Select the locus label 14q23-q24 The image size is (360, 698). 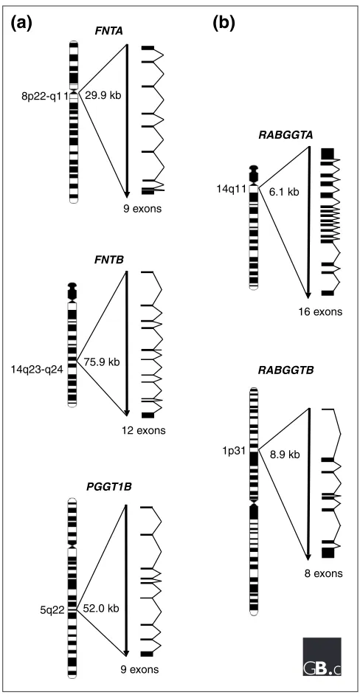point(39,369)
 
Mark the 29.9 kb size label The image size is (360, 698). point(103,96)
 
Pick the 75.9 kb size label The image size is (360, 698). point(101,362)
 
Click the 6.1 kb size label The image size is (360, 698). point(284,192)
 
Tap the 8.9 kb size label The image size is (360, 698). point(285,455)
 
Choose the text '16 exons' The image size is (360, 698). point(320,311)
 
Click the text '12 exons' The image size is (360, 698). point(143,430)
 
